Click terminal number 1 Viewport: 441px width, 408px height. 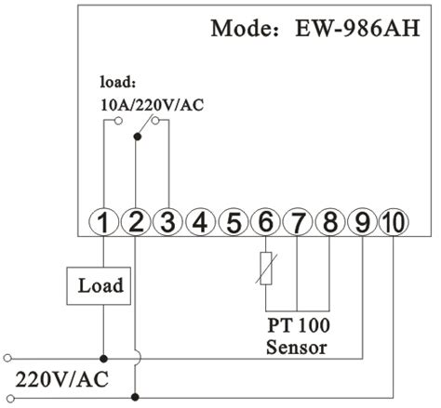105,222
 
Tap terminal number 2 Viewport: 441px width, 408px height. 136,222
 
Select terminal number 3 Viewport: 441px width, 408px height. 167,222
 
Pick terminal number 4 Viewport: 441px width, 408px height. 199,222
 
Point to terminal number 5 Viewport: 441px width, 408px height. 234,222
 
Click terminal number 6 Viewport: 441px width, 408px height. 265,222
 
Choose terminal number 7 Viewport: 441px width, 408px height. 298,222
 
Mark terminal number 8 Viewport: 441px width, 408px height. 329,222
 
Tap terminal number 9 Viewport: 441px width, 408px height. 361,222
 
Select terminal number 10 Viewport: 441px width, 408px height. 394,222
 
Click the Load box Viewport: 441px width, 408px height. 100,286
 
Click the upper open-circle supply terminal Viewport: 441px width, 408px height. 8,357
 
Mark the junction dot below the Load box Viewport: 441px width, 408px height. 104,357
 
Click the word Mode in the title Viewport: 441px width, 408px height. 240,27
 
